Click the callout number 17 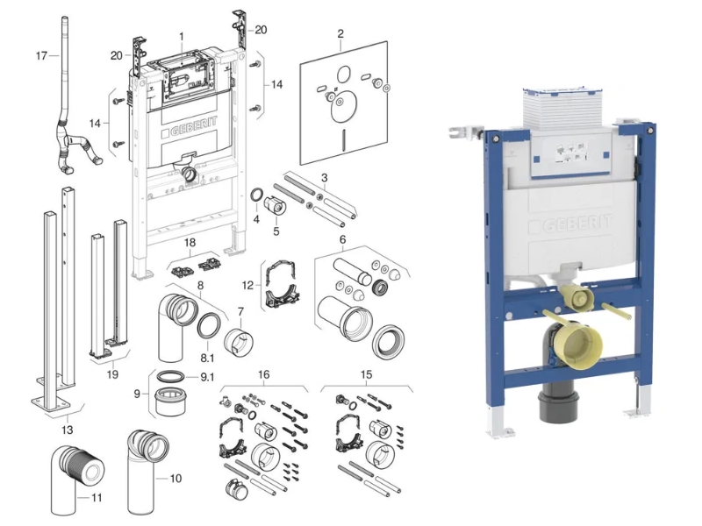(x=41, y=56)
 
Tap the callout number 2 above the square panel (x=340, y=33)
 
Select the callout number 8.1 (x=207, y=358)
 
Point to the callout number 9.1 (x=207, y=378)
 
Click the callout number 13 (x=68, y=430)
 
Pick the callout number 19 (x=112, y=374)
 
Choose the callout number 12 (x=247, y=286)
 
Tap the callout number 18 (x=190, y=243)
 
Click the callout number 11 (x=97, y=497)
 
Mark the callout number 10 (x=175, y=479)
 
